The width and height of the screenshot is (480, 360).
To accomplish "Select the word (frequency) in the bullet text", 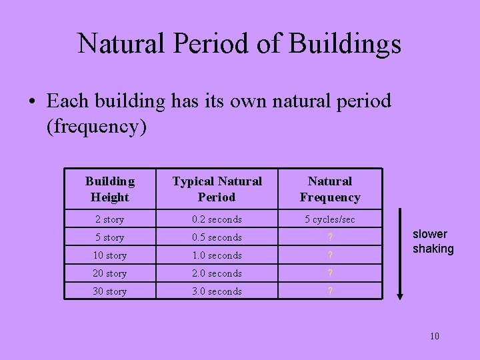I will click(96, 126).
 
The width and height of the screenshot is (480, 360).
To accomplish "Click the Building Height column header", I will click(110, 189).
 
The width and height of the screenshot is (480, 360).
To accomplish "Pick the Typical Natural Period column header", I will click(217, 189).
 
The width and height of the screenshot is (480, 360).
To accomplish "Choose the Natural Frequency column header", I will click(330, 189).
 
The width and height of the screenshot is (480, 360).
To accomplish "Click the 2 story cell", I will click(110, 219).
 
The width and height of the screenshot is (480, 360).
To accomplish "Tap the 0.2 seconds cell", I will click(217, 219).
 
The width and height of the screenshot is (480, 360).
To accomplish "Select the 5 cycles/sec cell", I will click(330, 219).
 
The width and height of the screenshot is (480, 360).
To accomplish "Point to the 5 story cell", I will click(110, 237).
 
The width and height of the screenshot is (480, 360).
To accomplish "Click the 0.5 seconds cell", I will click(217, 237).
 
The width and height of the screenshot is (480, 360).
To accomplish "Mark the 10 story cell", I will click(110, 255).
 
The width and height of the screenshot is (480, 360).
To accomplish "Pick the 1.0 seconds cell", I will click(217, 255).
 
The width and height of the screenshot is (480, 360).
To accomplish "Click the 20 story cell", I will click(110, 273).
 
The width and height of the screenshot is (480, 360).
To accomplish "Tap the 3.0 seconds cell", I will click(217, 291).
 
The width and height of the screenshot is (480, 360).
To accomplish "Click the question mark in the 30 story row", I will click(330, 291).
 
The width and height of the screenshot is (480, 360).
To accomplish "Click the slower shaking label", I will click(433, 241).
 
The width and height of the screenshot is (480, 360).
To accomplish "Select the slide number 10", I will click(435, 336).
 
